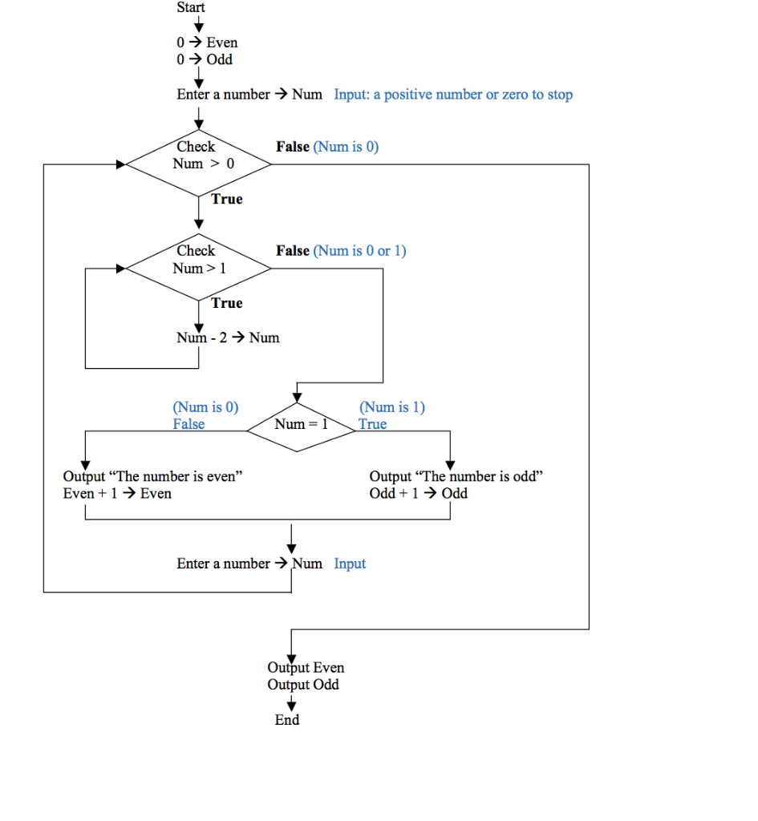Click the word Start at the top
click(191, 7)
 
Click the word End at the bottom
click(286, 720)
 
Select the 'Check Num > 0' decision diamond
click(199, 164)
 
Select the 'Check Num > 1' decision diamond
click(199, 268)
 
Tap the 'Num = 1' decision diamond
click(300, 425)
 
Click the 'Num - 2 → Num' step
click(228, 338)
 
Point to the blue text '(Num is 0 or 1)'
click(359, 251)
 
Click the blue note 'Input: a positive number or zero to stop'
click(453, 95)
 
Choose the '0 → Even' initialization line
click(207, 42)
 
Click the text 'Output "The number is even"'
click(152, 476)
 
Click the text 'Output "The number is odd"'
click(456, 476)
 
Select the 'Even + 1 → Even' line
click(117, 493)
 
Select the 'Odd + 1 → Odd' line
click(418, 493)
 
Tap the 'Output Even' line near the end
click(306, 667)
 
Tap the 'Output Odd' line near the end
click(303, 685)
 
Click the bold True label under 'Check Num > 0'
click(227, 199)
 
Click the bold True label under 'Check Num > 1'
click(227, 303)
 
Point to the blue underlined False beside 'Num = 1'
click(188, 424)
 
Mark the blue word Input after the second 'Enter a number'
click(350, 564)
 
